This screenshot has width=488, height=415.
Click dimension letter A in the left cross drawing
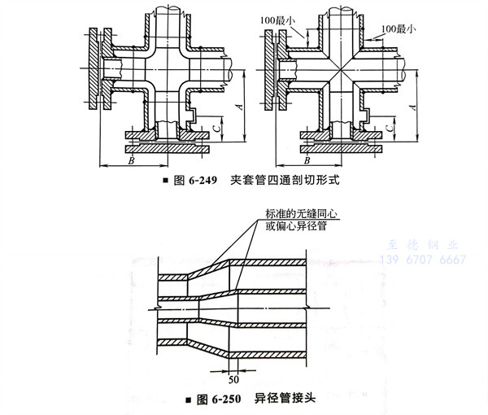coord(237,105)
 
